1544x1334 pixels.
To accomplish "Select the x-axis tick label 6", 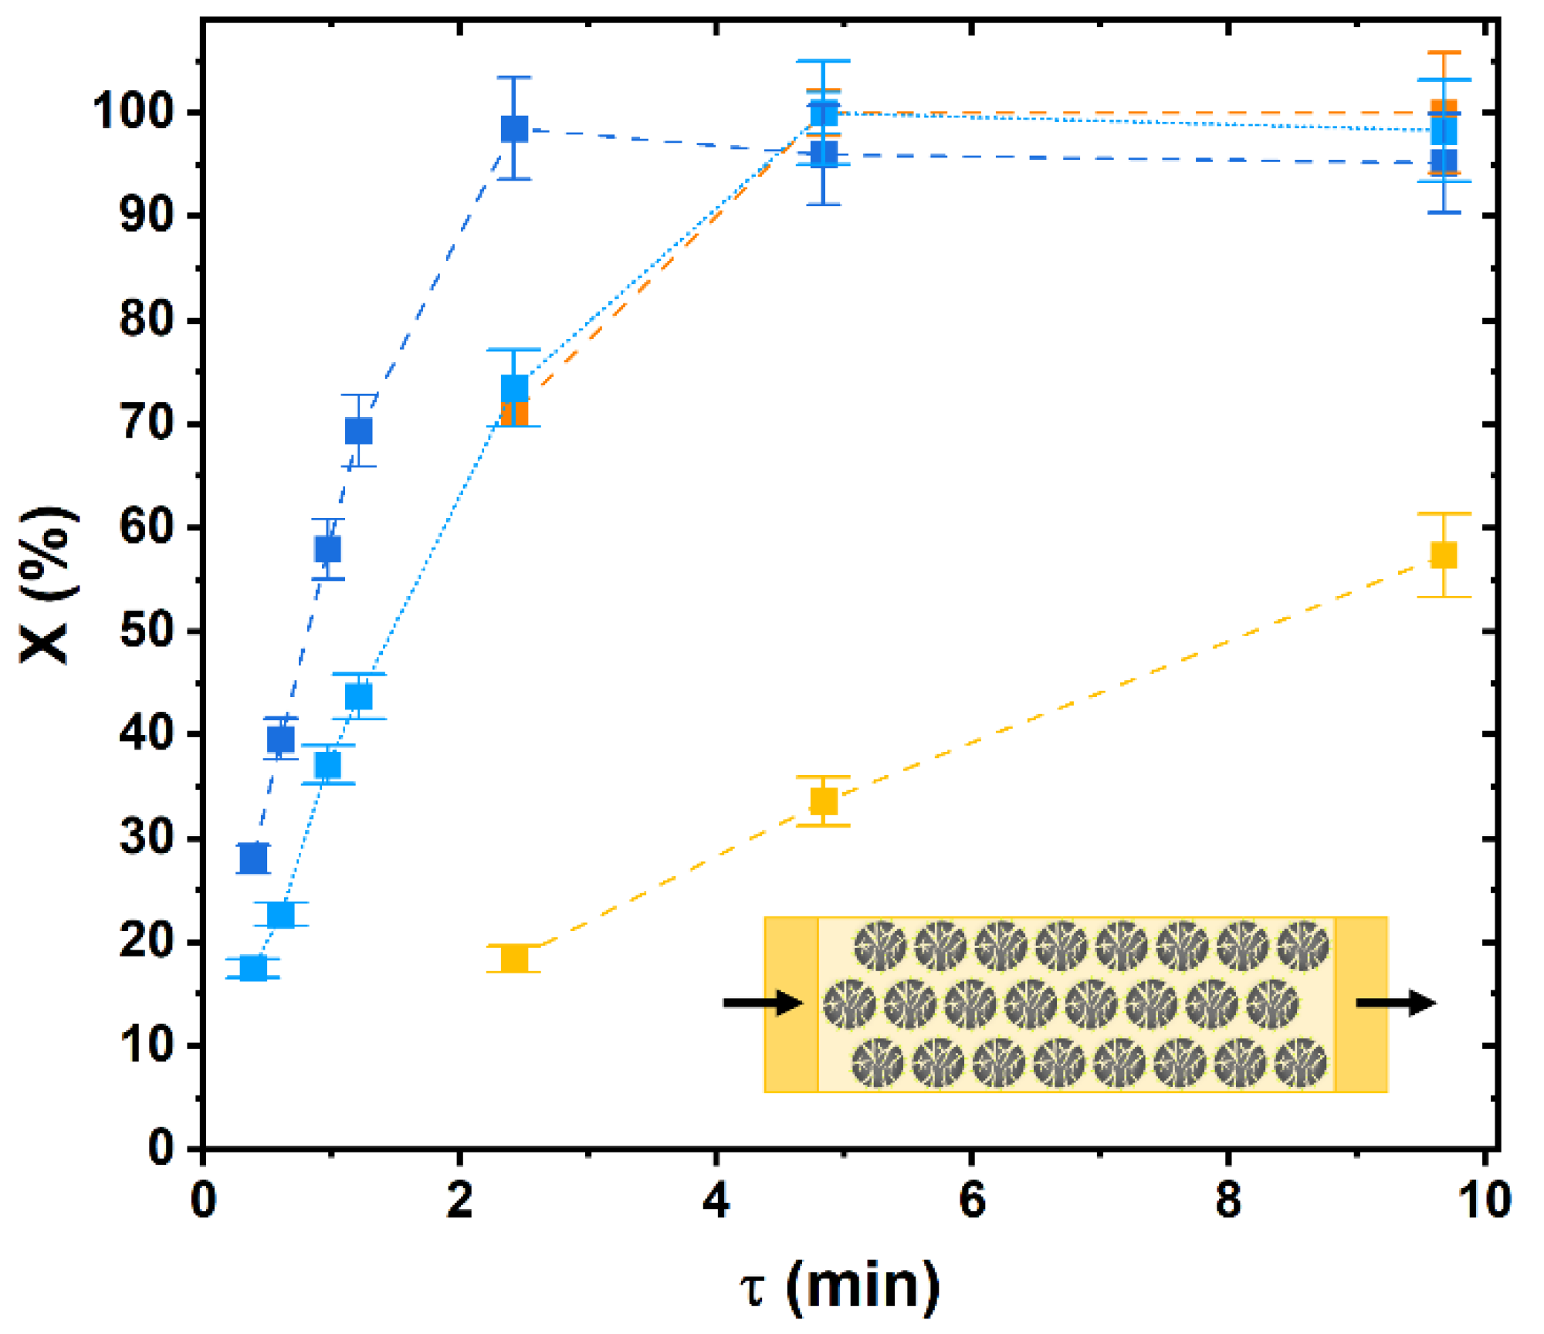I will pos(972,1201).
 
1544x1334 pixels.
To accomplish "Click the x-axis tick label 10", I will pos(1484,1201).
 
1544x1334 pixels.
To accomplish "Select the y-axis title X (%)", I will pos(48,585).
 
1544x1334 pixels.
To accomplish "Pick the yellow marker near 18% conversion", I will pos(514,959).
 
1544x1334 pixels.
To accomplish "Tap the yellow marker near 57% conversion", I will pos(1443,555).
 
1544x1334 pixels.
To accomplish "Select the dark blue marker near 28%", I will pos(253,858).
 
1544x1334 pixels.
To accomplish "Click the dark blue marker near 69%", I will pos(358,431).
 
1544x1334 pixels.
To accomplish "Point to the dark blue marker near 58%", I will pos(327,550).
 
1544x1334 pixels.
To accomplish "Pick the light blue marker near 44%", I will pos(358,696).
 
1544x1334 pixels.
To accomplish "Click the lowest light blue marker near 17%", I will pos(253,967).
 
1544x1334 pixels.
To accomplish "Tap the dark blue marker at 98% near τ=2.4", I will pos(514,129).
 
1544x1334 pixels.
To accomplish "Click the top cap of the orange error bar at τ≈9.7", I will pos(1443,53).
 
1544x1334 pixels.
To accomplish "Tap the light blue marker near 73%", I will pos(514,388).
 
